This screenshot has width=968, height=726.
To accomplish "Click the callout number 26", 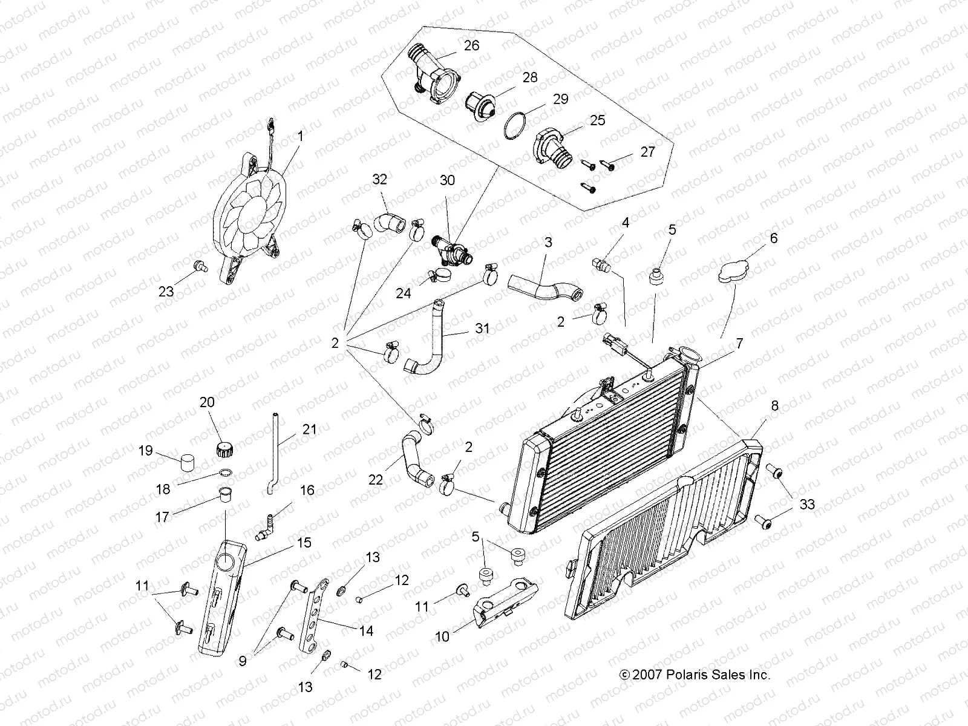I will (471, 46).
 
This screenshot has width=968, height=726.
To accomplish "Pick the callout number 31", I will (482, 329).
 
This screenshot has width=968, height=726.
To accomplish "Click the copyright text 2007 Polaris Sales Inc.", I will (694, 675).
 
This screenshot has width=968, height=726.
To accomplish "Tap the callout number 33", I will (806, 504).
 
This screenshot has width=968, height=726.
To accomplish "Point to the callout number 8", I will (775, 407).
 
